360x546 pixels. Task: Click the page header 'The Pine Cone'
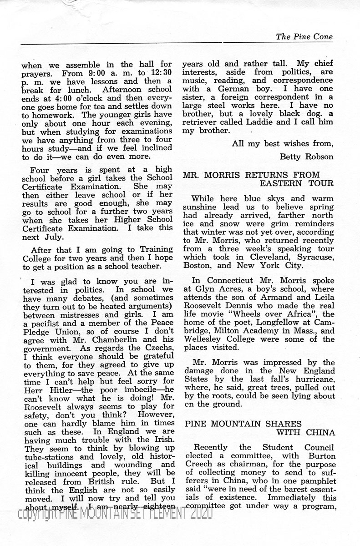(304, 37)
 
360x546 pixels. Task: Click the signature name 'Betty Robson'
(306, 157)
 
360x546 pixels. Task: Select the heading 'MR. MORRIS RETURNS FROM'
(251, 175)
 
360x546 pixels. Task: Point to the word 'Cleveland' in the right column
(253, 257)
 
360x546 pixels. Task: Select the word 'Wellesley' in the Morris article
(203, 339)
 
